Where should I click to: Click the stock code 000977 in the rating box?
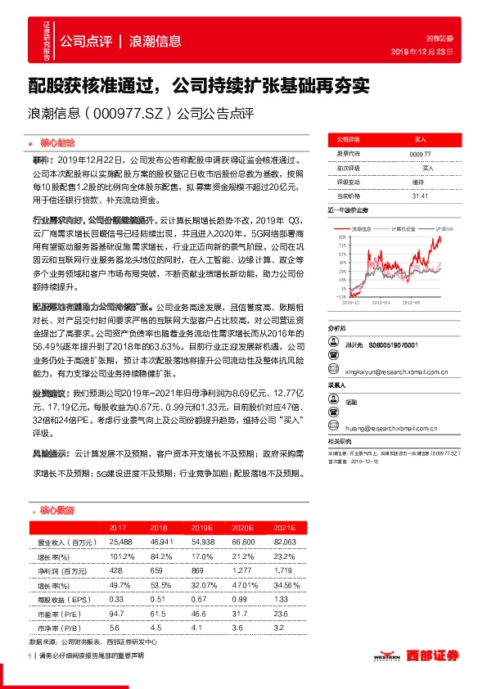419,154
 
